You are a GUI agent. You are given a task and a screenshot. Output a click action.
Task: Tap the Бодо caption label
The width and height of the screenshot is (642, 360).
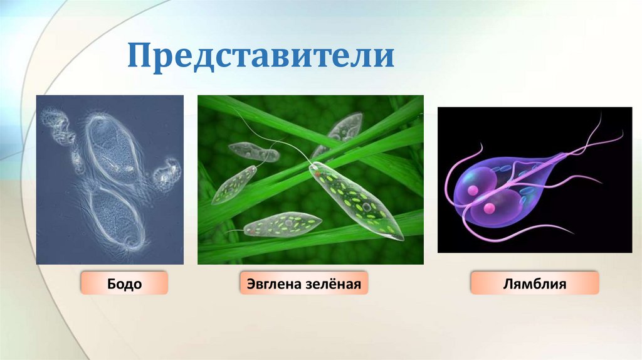pos(124,283)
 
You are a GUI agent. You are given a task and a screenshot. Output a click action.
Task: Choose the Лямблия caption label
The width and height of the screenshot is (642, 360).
pos(534,283)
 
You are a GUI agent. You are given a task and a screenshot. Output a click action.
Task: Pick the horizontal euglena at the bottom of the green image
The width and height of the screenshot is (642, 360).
pos(282,225)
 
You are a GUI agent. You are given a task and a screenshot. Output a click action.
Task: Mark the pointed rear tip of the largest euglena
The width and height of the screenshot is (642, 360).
pos(401,239)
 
